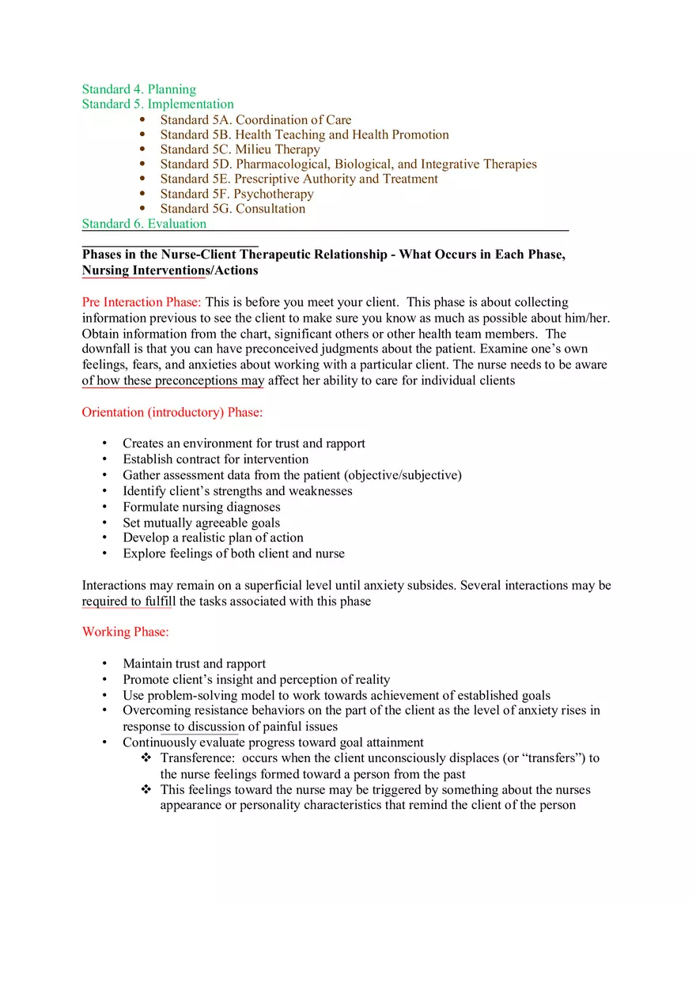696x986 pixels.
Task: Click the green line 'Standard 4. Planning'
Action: click(138, 89)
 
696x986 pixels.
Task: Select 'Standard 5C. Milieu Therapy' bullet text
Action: click(240, 149)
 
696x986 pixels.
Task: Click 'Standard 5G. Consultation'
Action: click(233, 209)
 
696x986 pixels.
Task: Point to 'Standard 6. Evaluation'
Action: click(144, 224)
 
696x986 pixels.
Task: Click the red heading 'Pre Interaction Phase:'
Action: click(142, 302)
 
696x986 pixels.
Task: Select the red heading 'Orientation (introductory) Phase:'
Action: click(172, 413)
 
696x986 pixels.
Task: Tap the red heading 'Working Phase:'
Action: click(125, 632)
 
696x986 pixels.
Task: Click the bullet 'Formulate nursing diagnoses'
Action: click(201, 507)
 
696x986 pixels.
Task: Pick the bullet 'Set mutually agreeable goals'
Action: click(201, 523)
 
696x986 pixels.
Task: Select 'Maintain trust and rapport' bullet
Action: click(194, 664)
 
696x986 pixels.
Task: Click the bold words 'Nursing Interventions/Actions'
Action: click(169, 270)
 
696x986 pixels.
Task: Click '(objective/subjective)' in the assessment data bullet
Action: click(403, 475)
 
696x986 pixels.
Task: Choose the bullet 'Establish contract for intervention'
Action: click(215, 459)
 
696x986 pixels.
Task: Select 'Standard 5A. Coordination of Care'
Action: click(255, 120)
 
